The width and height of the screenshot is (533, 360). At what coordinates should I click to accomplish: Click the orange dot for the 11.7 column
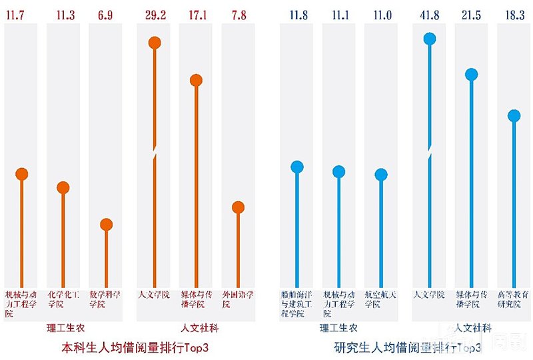pyautogui.click(x=21, y=174)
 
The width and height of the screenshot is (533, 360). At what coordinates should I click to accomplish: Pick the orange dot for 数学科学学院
pyautogui.click(x=106, y=225)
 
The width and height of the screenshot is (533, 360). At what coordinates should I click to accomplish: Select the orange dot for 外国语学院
pyautogui.click(x=238, y=207)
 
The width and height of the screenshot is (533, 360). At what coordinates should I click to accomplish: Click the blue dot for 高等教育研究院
pyautogui.click(x=514, y=115)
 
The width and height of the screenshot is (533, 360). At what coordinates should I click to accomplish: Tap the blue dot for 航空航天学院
pyautogui.click(x=381, y=175)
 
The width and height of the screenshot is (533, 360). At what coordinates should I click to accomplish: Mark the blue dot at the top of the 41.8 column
pyautogui.click(x=430, y=39)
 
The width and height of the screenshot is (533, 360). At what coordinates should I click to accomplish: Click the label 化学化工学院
pyautogui.click(x=63, y=299)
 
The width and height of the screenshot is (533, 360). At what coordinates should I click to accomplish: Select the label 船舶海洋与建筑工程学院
pyautogui.click(x=296, y=303)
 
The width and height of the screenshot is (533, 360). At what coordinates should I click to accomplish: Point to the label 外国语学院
pyautogui.click(x=237, y=299)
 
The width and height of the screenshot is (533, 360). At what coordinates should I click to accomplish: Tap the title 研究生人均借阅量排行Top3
pyautogui.click(x=407, y=347)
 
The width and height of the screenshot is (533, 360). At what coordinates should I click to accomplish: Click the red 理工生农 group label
pyautogui.click(x=65, y=328)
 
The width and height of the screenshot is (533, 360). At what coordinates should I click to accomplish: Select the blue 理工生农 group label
pyautogui.click(x=338, y=328)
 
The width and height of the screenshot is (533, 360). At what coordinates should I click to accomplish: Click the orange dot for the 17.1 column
pyautogui.click(x=196, y=80)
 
